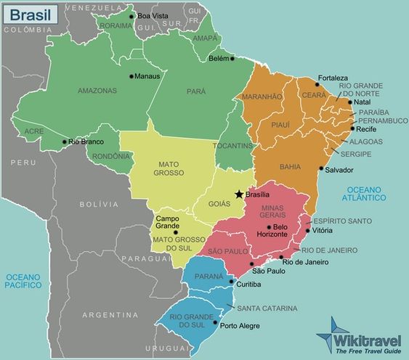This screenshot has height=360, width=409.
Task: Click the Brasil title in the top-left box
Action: tap(25, 13)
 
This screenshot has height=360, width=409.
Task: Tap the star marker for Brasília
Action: tap(239, 194)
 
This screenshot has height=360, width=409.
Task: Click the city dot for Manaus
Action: tap(131, 75)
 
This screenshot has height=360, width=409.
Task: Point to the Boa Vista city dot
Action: tap(131, 16)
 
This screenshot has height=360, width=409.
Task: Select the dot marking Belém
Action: tap(233, 58)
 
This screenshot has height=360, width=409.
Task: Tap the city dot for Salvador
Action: tap(321, 169)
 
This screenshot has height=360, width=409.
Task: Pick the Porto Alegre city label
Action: tap(239, 325)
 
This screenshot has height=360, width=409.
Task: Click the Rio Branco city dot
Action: tap(65, 142)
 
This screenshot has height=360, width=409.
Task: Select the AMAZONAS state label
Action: tap(97, 91)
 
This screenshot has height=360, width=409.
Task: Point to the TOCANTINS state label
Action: tap(233, 146)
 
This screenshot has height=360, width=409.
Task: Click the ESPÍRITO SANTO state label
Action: tap(342, 221)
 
